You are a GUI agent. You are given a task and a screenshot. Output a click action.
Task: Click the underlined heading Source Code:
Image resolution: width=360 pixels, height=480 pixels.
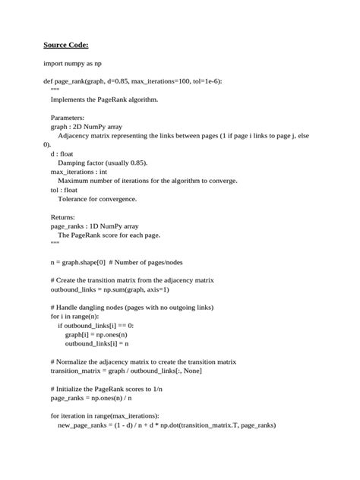tap(66, 45)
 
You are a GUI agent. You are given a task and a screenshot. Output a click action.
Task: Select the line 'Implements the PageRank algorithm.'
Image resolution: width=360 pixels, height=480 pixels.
tap(104, 99)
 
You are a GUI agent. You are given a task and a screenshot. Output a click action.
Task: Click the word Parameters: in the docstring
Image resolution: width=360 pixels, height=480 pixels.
tap(68, 118)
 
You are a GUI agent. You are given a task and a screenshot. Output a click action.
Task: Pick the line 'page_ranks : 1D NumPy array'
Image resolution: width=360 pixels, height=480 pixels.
tap(95, 226)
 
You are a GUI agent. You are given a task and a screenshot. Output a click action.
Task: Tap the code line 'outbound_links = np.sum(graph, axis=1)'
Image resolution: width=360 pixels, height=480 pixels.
tap(110, 289)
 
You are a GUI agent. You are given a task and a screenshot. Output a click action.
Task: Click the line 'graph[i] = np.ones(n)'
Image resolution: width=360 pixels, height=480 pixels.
tap(96, 335)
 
